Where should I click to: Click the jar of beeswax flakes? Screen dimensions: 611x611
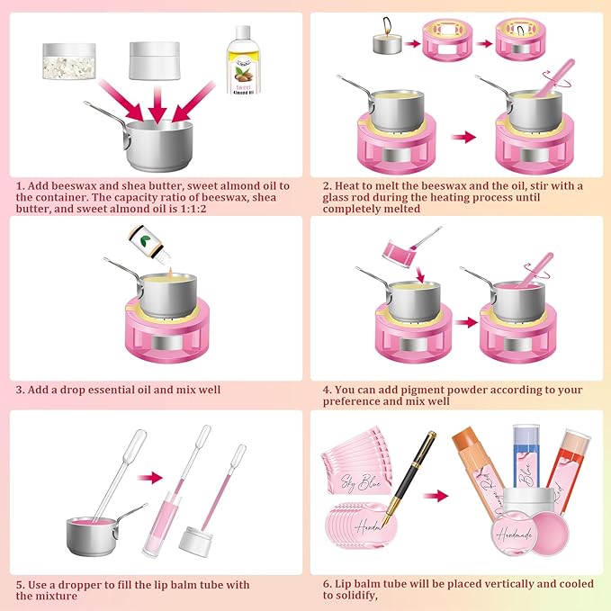click(x=67, y=62)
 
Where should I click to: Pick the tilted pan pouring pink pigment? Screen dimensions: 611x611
click(x=403, y=249)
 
